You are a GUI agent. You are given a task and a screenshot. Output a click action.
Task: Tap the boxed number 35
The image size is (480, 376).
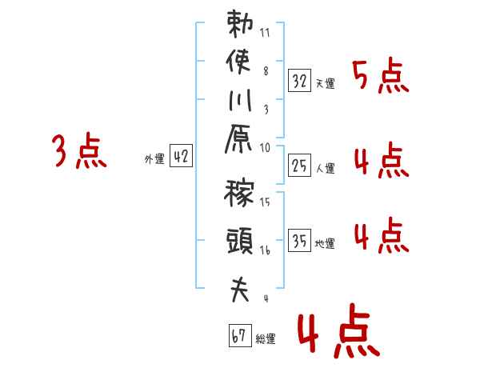[299, 240]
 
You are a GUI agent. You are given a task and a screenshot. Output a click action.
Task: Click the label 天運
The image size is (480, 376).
[326, 83]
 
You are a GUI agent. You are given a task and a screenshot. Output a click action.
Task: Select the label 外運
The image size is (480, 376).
[154, 159]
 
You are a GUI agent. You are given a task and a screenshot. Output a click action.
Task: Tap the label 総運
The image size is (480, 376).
[266, 339]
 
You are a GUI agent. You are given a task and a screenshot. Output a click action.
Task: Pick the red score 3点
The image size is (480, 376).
[78, 151]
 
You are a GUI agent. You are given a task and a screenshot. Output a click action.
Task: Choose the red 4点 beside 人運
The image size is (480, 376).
[380, 161]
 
